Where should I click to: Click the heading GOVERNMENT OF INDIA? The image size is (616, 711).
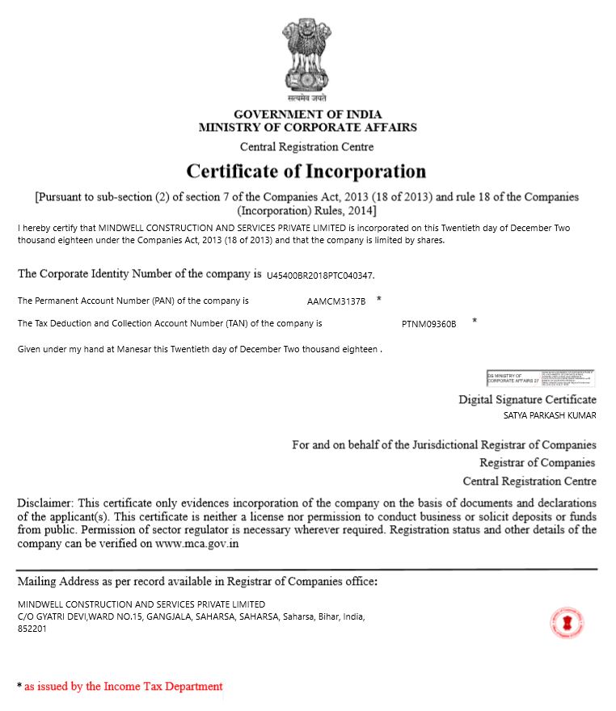[307, 114]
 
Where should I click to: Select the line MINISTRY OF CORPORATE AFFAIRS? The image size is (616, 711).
[307, 127]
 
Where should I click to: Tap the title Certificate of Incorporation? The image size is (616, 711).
[306, 171]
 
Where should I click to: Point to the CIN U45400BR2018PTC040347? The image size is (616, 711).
[320, 276]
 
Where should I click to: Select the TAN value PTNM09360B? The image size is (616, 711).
[428, 324]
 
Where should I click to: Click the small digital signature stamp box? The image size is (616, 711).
[540, 377]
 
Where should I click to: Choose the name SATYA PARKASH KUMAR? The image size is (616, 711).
[550, 416]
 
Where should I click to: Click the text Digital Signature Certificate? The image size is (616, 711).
[527, 399]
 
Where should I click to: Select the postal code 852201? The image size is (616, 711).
[32, 629]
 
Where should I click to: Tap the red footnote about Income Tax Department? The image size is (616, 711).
[123, 686]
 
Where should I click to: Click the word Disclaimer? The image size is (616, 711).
[44, 503]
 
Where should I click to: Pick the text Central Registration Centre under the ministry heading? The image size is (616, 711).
[306, 147]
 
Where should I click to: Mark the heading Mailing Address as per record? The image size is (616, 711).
[196, 581]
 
